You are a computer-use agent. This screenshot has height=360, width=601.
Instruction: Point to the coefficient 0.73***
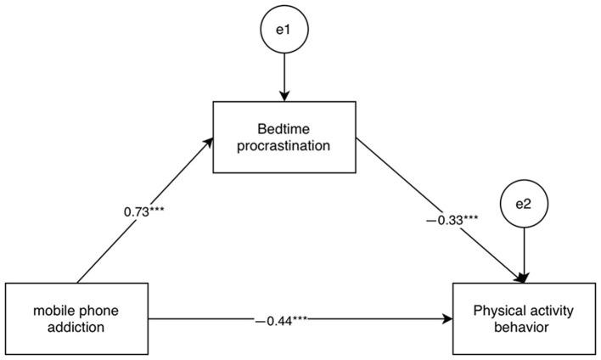[144, 208]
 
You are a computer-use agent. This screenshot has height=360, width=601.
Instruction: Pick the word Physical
[495, 312]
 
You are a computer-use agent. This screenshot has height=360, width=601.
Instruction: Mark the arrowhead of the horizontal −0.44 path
[447, 320]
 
